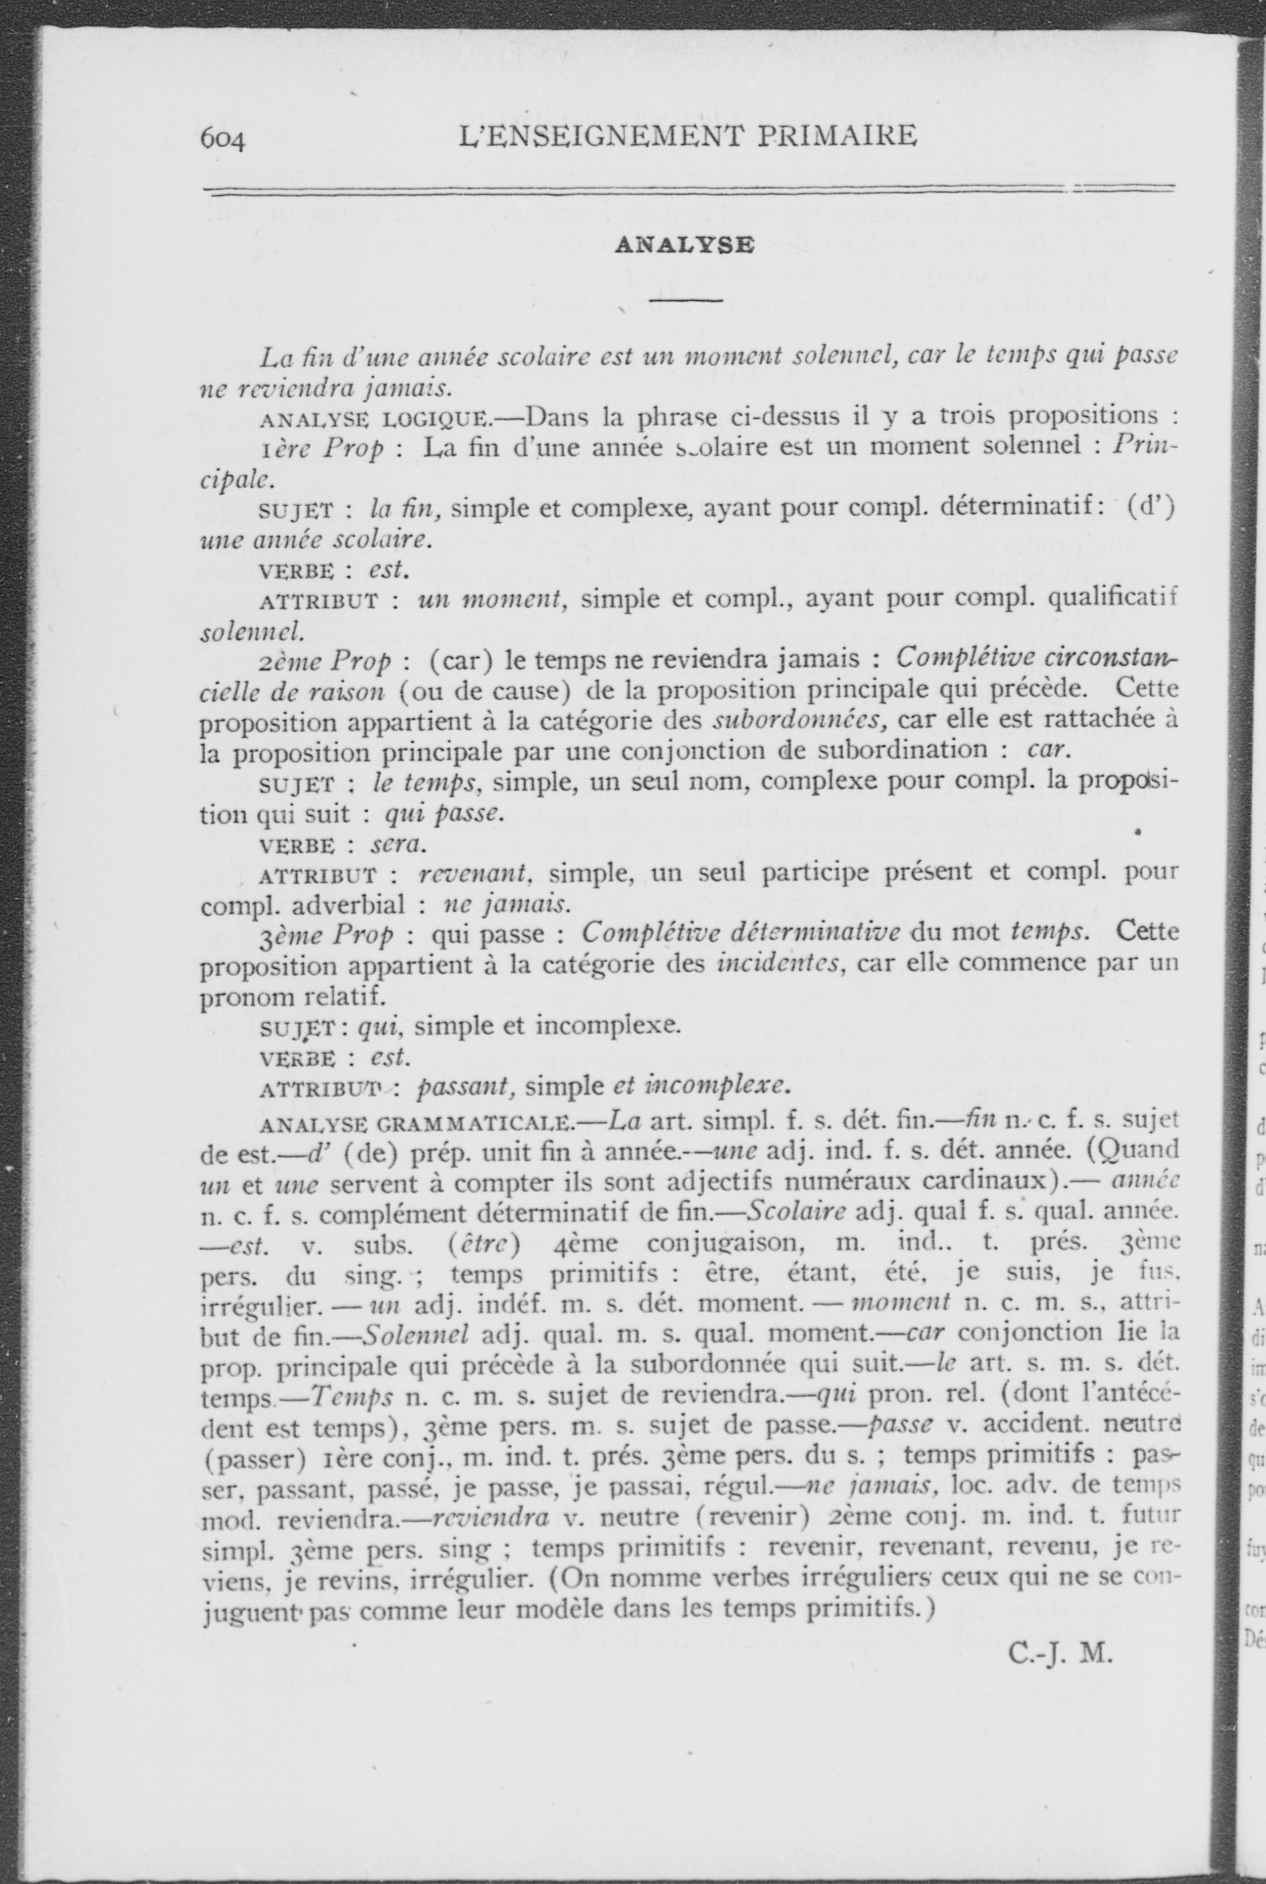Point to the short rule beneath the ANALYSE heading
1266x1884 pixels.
685,301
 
